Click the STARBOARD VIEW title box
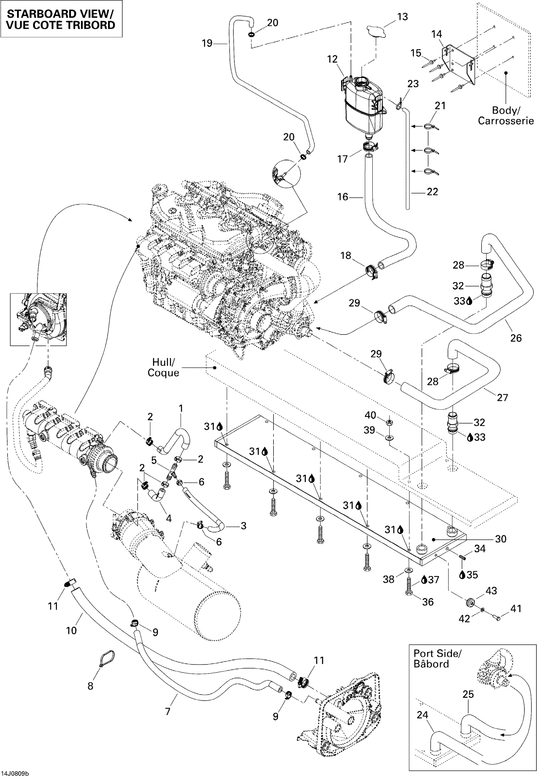[x=61, y=19]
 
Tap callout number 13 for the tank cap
[x=402, y=17]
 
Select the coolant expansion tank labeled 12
[x=363, y=104]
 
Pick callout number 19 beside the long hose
[x=207, y=43]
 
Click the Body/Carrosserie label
[x=506, y=115]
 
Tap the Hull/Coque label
[x=163, y=367]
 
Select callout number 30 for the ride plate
[x=501, y=539]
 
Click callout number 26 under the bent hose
[x=516, y=338]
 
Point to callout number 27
[x=502, y=397]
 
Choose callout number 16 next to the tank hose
[x=342, y=197]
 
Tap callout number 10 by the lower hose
[x=71, y=630]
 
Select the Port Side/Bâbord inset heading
[x=437, y=659]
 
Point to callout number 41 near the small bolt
[x=516, y=608]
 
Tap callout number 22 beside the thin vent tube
[x=432, y=192]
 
